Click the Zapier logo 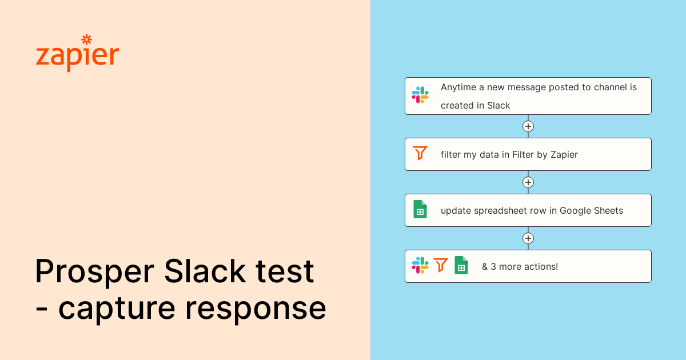click(x=77, y=55)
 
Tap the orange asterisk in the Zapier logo click(x=86, y=40)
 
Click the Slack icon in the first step click(x=420, y=95)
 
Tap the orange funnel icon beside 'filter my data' click(x=420, y=153)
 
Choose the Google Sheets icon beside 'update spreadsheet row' click(x=420, y=209)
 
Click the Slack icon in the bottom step click(x=420, y=265)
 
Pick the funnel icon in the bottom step click(x=441, y=265)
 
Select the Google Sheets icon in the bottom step click(x=461, y=265)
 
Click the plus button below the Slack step click(x=528, y=126)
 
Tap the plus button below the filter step click(x=528, y=182)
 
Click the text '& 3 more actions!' click(x=520, y=266)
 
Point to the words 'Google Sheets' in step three click(x=591, y=210)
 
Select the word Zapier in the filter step click(x=564, y=154)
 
